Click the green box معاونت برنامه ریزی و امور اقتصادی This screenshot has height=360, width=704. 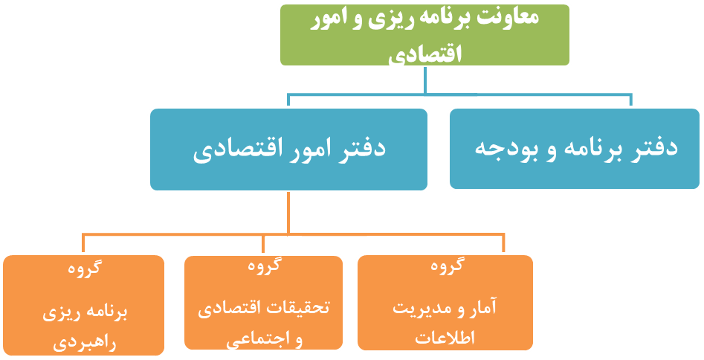[x=424, y=35]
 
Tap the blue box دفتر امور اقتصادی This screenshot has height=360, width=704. [x=288, y=149]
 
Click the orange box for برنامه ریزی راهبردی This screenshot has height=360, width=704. [x=83, y=305]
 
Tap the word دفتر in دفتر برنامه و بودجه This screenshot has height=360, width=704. [x=652, y=147]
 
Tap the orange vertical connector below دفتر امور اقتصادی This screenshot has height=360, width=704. [x=288, y=213]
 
